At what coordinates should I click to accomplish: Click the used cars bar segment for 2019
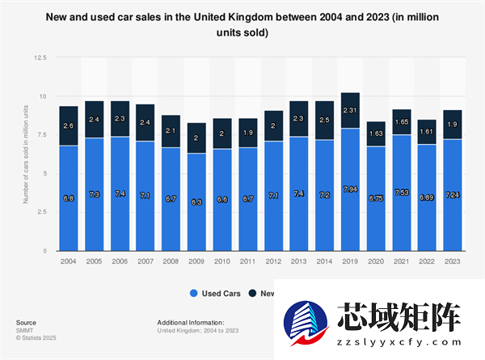click(x=350, y=189)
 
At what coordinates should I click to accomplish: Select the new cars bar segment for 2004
click(x=68, y=125)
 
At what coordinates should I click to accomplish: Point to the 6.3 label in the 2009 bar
click(x=196, y=202)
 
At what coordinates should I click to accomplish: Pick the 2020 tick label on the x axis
click(x=376, y=260)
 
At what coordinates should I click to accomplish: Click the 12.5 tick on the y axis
click(x=40, y=58)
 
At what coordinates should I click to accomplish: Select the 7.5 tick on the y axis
click(x=41, y=135)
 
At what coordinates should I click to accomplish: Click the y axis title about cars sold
click(x=27, y=155)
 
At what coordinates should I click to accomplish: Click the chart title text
click(x=242, y=26)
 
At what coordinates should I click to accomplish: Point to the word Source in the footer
click(x=26, y=322)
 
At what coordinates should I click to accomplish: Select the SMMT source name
click(x=24, y=330)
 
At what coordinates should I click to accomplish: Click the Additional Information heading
click(x=190, y=322)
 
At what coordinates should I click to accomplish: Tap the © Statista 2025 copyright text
click(x=34, y=338)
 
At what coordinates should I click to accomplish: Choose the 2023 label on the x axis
click(x=453, y=260)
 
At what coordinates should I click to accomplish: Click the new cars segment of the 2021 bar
click(x=402, y=121)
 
